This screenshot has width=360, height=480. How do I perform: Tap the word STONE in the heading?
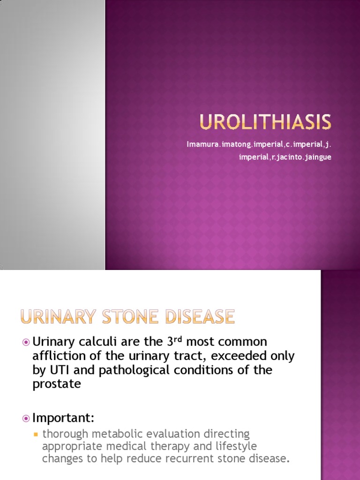coord(120,317)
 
